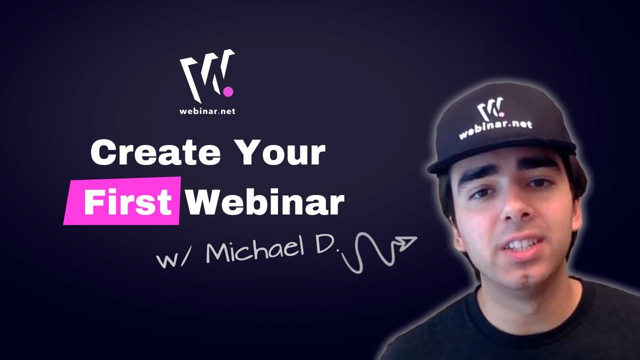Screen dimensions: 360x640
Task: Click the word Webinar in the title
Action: tap(265, 203)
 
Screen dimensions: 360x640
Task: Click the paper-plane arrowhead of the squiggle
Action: tap(406, 243)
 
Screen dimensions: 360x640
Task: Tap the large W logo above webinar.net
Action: tap(205, 75)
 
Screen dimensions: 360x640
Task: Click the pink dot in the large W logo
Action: tap(228, 91)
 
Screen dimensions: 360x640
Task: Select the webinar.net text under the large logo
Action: tap(207, 111)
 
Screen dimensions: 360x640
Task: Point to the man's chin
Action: tap(525, 272)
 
